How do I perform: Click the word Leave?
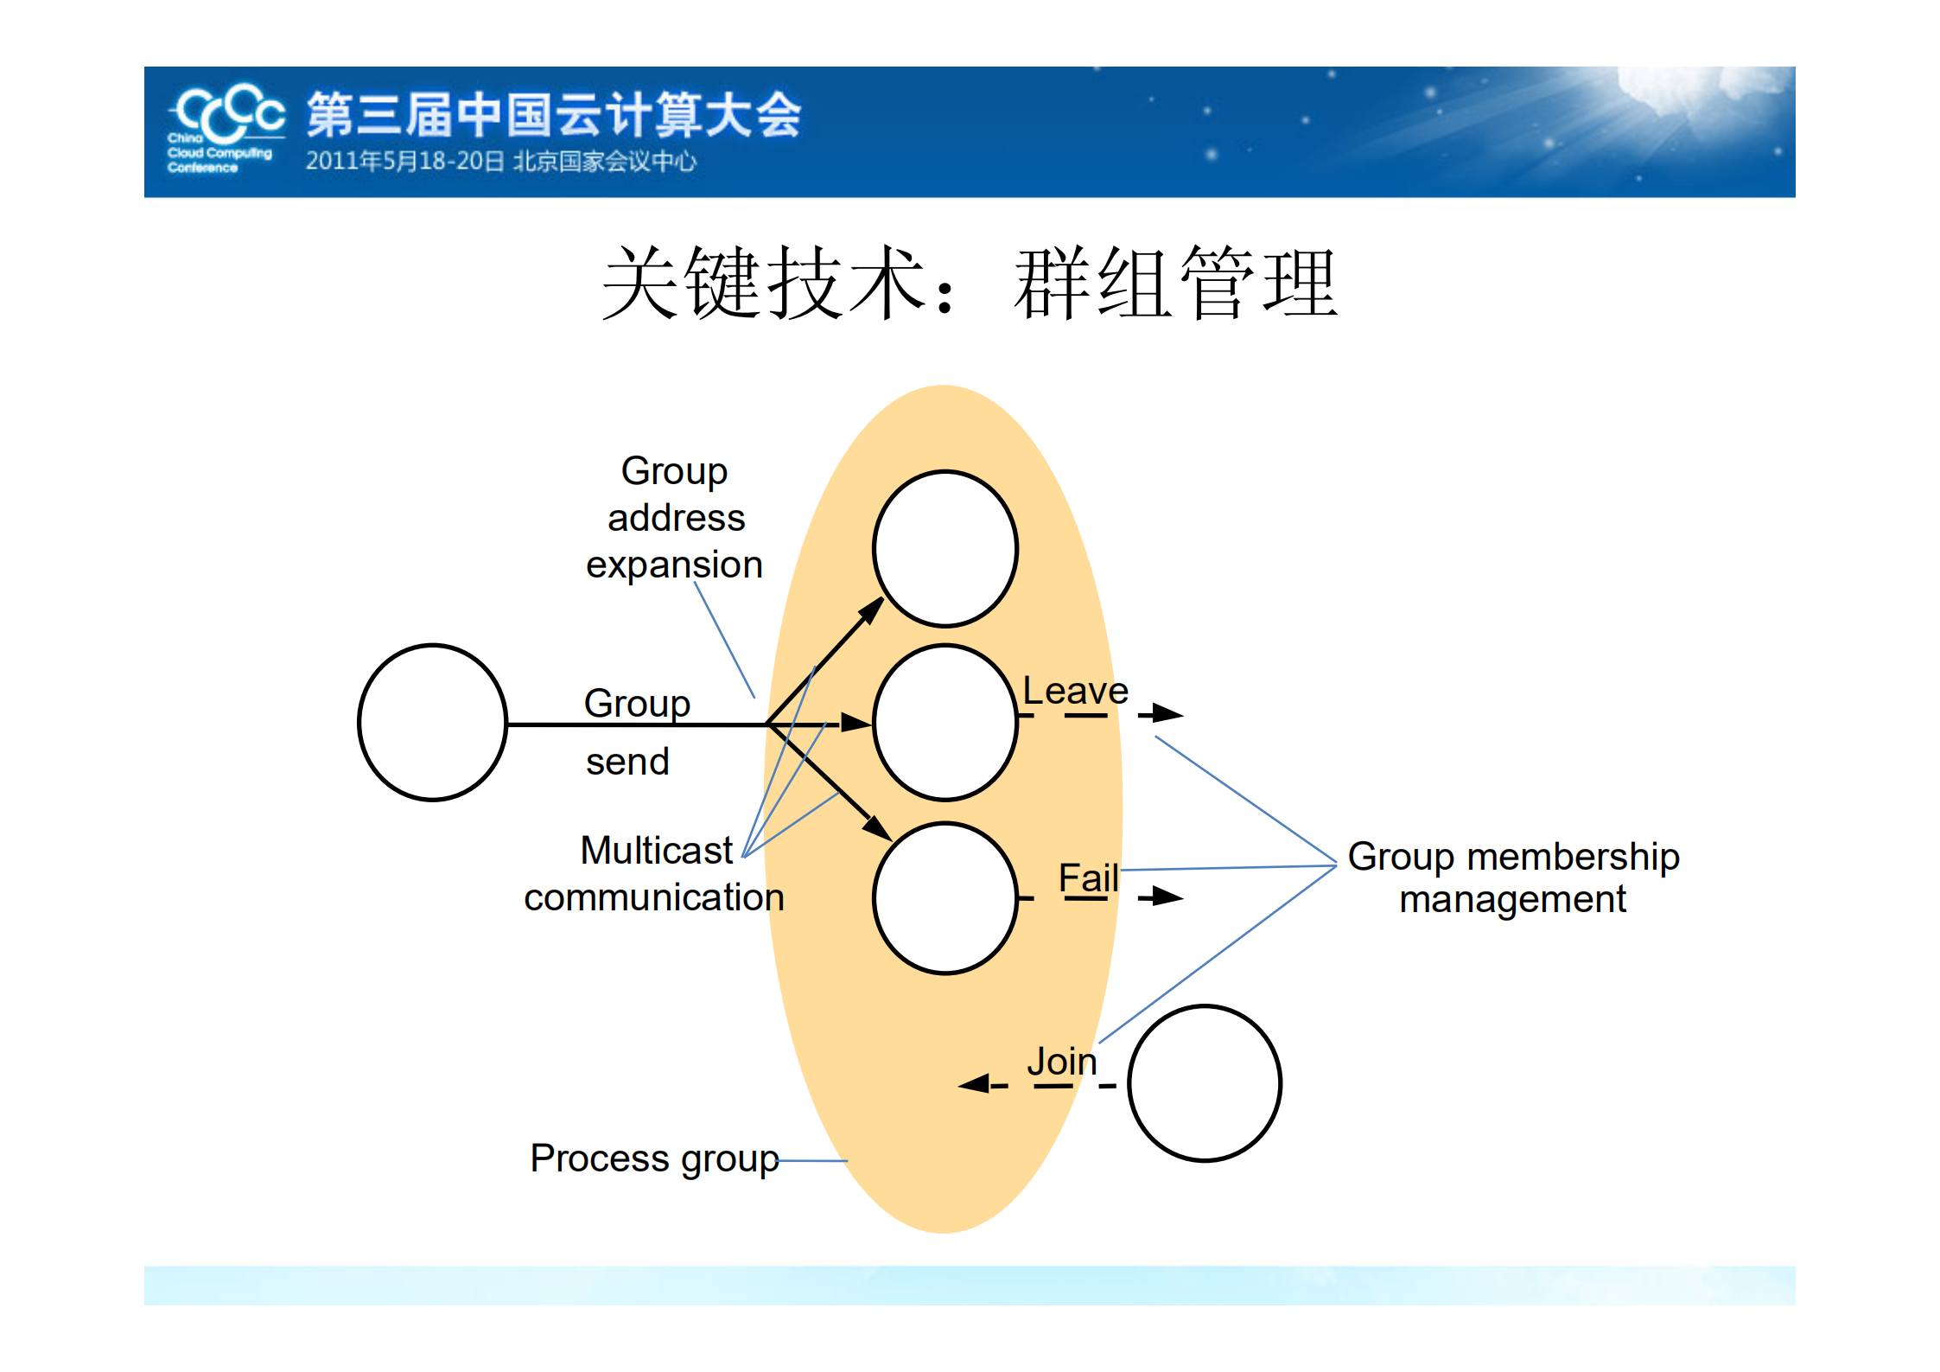click(1075, 691)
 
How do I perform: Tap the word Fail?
click(1088, 878)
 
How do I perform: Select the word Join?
click(1061, 1062)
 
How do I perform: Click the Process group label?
click(654, 1158)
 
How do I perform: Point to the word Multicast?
click(656, 851)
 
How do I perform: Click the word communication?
click(654, 898)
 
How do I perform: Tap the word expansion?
click(674, 565)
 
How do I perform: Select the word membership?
click(1573, 857)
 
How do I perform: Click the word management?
click(1512, 900)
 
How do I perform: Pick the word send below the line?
click(627, 763)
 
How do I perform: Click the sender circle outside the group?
click(432, 723)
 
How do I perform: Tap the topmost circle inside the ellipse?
click(945, 549)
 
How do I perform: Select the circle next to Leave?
click(945, 723)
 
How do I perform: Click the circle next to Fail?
click(945, 898)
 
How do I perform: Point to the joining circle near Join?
click(1204, 1083)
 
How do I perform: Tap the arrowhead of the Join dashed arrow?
click(974, 1084)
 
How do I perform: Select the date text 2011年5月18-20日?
click(404, 162)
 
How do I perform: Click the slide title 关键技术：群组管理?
click(969, 284)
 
